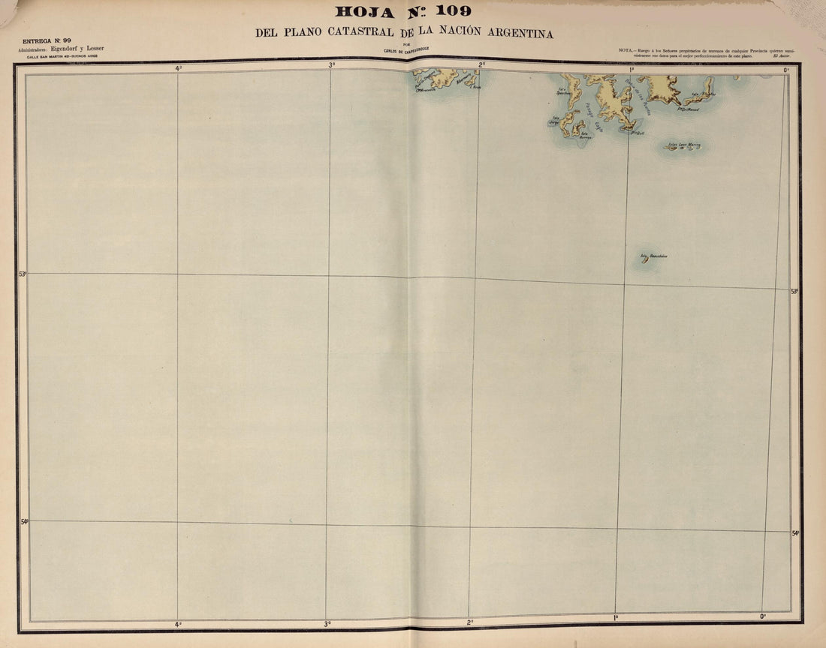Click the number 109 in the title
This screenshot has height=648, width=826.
tap(451, 10)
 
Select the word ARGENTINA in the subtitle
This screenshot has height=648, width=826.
tap(514, 33)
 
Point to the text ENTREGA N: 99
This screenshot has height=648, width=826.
tap(47, 40)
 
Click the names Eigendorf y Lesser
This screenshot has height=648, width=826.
tap(83, 49)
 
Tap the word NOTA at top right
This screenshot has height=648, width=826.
tap(627, 50)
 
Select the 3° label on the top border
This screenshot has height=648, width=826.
tap(331, 65)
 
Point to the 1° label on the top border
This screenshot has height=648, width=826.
tap(631, 68)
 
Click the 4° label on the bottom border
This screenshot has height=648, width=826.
tap(178, 624)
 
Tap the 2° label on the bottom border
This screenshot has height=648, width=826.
tap(470, 622)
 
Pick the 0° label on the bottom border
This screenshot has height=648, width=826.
tap(762, 616)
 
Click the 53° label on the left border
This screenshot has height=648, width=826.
tap(22, 274)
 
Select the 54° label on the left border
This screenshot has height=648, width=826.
tap(24, 520)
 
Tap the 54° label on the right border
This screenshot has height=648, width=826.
tap(795, 533)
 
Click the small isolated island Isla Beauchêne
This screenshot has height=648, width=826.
tap(644, 260)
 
